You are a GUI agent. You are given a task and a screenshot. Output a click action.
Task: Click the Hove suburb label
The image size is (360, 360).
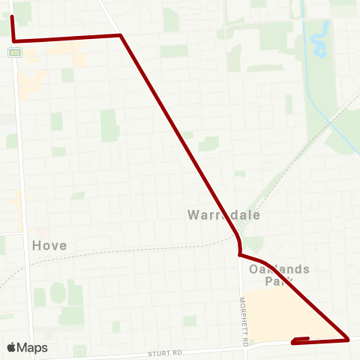(x=49, y=245)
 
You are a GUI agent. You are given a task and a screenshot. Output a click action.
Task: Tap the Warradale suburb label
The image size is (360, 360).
(x=223, y=214)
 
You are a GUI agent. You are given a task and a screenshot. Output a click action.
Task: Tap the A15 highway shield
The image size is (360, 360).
(x=14, y=52)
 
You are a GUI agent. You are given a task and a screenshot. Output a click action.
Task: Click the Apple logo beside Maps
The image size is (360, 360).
(x=12, y=347)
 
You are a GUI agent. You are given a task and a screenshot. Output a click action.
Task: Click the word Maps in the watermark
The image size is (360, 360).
(x=32, y=347)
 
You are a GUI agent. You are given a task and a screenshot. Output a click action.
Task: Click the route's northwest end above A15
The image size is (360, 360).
(x=13, y=16)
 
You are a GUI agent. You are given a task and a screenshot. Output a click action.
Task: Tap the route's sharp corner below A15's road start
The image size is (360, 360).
(x=14, y=40)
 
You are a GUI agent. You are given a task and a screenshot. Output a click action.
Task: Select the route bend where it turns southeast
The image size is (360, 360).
(x=121, y=34)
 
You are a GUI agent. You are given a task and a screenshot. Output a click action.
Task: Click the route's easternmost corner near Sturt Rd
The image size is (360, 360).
(x=348, y=340)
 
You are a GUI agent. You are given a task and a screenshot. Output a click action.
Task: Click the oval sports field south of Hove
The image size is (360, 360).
(x=58, y=292)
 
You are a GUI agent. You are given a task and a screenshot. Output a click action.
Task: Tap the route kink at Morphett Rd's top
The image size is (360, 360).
(x=238, y=253)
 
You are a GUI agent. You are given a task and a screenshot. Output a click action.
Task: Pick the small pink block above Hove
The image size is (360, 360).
(x=42, y=232)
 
